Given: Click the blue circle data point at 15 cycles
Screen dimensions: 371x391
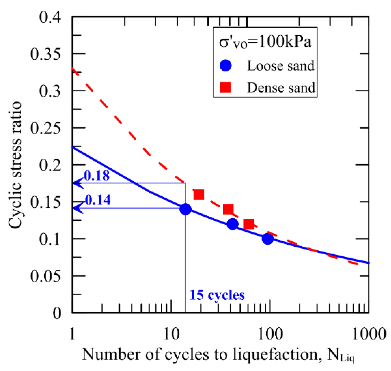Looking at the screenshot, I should coord(185,209).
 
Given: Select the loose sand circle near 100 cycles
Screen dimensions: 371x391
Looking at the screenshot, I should coord(267,239).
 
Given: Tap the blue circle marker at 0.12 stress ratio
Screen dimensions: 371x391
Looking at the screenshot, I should coord(232,224).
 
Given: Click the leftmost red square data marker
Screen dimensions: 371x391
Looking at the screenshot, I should coord(199,194).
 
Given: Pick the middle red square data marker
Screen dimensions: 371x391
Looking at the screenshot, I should coord(228,209).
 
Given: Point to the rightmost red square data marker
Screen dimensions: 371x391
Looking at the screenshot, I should coord(248,224).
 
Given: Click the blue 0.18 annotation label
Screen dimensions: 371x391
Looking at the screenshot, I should coord(97,176).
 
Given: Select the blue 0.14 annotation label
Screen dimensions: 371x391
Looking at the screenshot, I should coord(98,200).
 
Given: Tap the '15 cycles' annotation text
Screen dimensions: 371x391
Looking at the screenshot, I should coord(217,295).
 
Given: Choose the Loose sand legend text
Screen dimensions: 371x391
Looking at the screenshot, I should coord(281,66).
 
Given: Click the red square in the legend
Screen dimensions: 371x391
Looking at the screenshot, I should coord(225,87).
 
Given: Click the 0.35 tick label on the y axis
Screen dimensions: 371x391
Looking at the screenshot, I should coord(45,54).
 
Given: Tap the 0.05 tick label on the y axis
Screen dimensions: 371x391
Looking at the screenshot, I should coord(45,276).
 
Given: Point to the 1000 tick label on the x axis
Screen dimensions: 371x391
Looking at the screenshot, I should coord(369,334).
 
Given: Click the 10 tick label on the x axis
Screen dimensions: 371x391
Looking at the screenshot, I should coord(171,334).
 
